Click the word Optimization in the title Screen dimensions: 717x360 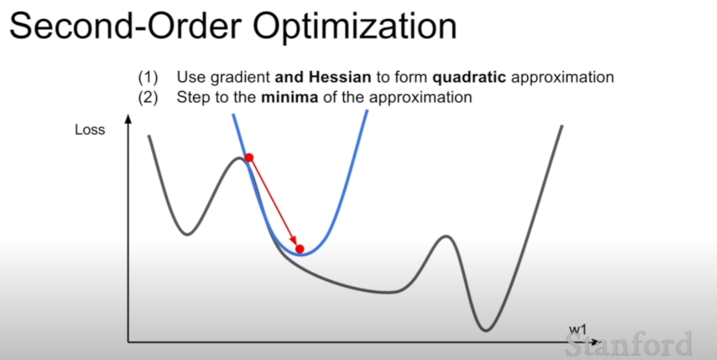[355, 28]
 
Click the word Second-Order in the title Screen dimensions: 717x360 [126, 25]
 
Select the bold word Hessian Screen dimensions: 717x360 [340, 77]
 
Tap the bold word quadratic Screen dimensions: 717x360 [470, 78]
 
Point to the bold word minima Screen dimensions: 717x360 [289, 97]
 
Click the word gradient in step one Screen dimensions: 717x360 [240, 78]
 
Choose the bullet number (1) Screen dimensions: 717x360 [148, 78]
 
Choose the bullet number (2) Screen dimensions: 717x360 [148, 97]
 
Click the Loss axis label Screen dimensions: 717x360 [89, 130]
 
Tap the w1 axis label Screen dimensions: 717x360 [578, 329]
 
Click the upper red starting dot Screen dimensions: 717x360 [249, 157]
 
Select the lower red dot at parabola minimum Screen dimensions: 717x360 [300, 248]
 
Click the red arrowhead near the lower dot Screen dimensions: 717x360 [294, 241]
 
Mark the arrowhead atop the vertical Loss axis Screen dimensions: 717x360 [129, 119]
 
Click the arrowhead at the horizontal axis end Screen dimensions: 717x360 [595, 342]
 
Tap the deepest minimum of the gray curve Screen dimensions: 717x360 [486, 330]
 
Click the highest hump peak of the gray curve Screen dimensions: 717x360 [238, 158]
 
